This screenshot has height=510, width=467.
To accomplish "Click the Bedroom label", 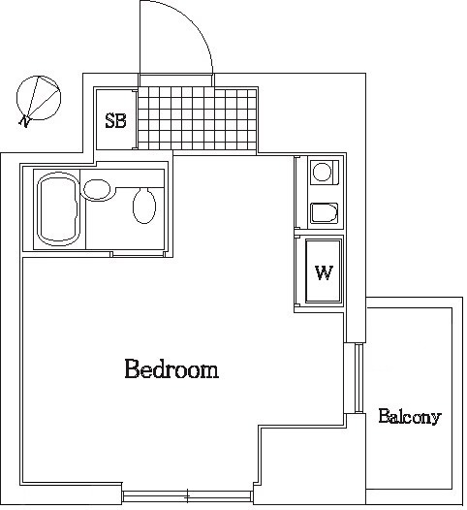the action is tap(171, 368).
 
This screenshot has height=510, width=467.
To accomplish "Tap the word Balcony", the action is tap(410, 417).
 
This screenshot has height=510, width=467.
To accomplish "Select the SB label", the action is tap(115, 120).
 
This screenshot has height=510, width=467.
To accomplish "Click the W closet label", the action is tap(324, 272).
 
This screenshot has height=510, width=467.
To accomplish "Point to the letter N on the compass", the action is tap(24, 121).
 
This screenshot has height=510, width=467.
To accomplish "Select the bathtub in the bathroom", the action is tap(58, 209).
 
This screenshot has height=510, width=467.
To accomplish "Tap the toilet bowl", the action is tap(144, 206).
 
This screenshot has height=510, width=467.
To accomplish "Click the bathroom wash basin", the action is tap(97, 190).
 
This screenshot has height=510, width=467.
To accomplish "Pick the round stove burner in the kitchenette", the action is tap(322, 172).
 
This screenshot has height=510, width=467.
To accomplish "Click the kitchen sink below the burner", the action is tap(324, 213).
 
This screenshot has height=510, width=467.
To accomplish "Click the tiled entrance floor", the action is tap(198, 118).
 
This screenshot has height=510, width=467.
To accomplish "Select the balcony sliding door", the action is tap(358, 378).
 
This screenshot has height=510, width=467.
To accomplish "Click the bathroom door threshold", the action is tap(138, 254).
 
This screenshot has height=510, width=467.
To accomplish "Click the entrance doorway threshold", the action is tap(176, 80).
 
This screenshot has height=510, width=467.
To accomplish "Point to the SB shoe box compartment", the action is tap(115, 118).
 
